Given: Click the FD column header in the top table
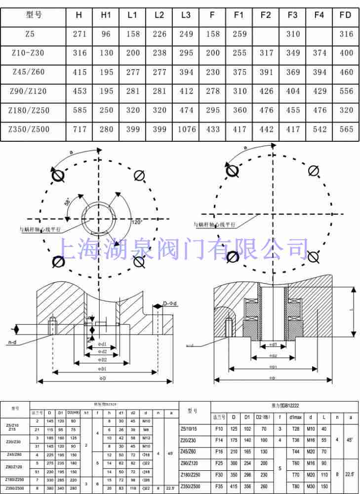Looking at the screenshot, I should (x=346, y=15).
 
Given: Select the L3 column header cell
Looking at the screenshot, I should (x=186, y=15).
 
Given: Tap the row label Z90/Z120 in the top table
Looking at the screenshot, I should (x=29, y=91).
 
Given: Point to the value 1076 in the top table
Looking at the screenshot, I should (x=186, y=129).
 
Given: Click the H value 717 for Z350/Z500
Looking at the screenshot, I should (x=79, y=129).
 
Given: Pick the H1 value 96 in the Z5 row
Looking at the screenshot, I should (x=106, y=34).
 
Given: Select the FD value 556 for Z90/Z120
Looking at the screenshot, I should (x=346, y=91).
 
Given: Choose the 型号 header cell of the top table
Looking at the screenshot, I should (x=34, y=15).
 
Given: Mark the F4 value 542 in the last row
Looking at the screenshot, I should (x=320, y=129).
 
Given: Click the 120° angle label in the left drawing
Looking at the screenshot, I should (x=137, y=223).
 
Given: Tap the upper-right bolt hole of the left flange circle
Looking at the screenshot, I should (x=139, y=175).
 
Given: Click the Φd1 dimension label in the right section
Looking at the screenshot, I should (x=272, y=345).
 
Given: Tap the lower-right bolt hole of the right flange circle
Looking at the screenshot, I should (x=312, y=256).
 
